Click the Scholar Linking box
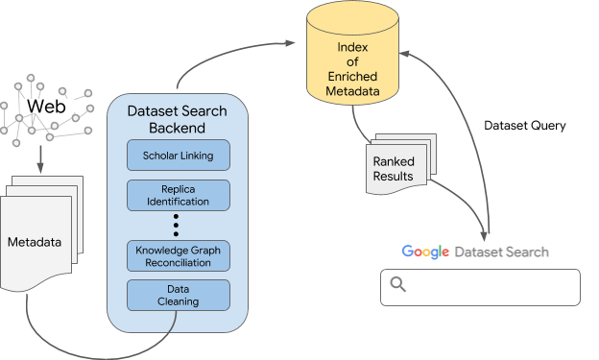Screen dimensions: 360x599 pos(179,155)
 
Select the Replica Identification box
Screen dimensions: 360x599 pos(179,195)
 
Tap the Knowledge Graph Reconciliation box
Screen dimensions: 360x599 pos(179,255)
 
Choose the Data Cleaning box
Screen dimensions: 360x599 pos(179,295)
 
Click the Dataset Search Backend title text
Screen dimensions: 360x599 pos(179,119)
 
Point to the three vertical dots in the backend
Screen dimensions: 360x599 pos(179,225)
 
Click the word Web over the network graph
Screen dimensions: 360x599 pos(46,107)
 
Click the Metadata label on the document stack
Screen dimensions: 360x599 pos(35,241)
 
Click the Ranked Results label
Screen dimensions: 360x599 pos(394,169)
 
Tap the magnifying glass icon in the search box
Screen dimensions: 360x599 pos(398,285)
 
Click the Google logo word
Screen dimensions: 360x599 pos(425,252)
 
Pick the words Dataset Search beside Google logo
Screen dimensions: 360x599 pos(501,252)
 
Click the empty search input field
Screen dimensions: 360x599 pos(490,286)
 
